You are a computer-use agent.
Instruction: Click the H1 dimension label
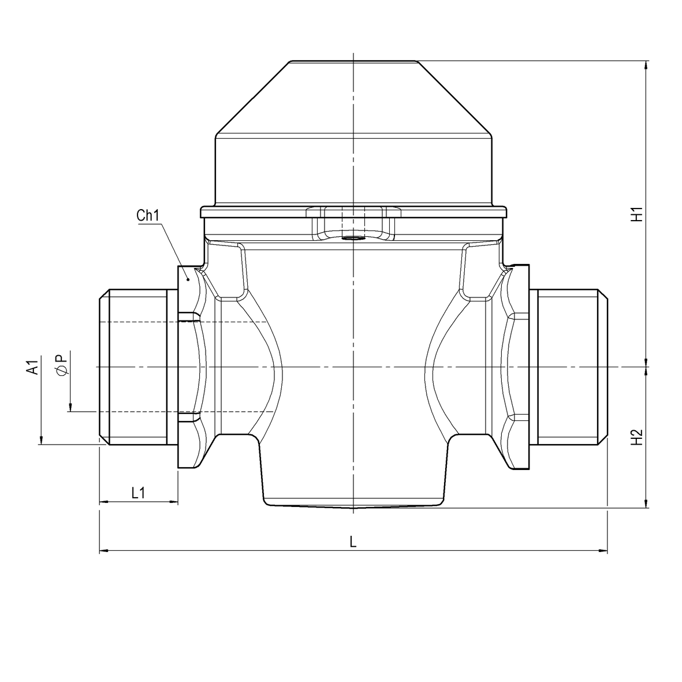coord(636,215)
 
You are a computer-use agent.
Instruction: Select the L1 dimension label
coord(138,493)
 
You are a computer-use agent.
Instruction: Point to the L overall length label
coord(353,542)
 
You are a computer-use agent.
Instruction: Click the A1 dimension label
coord(33,367)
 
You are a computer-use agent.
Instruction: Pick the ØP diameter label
coord(62,364)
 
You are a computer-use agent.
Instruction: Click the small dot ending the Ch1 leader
coord(188,279)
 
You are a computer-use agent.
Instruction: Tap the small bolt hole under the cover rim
coord(352,237)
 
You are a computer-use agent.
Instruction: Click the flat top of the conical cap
coord(352,61)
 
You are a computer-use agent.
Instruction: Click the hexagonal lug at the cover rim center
coord(352,213)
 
